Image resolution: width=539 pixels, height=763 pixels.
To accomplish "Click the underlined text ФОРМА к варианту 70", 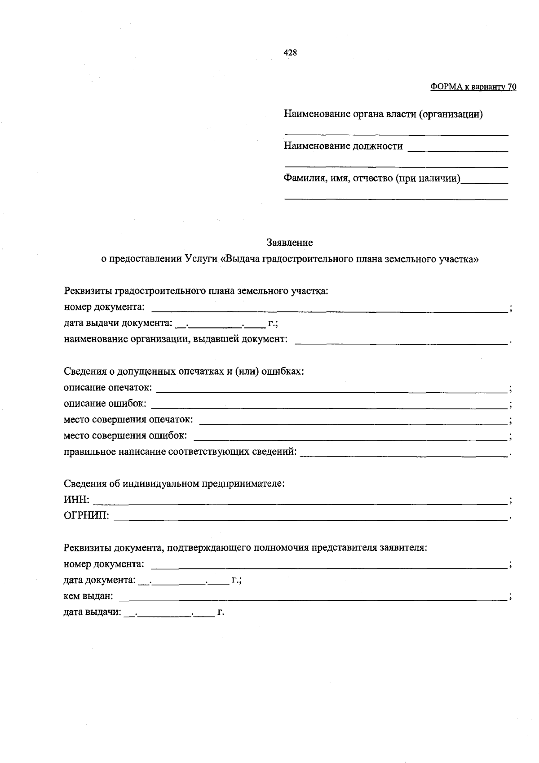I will [473, 87].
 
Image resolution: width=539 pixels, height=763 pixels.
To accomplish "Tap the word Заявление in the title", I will [290, 243].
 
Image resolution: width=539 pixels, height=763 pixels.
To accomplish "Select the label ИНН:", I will [77, 500].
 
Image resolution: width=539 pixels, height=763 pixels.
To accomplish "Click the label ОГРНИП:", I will [86, 516].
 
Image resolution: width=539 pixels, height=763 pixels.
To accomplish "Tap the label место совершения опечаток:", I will [128, 420].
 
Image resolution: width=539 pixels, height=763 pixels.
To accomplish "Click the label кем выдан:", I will [88, 596].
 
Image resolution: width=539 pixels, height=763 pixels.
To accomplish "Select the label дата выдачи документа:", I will [118, 323].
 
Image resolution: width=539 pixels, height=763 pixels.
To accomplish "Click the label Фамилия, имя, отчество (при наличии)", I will [372, 178].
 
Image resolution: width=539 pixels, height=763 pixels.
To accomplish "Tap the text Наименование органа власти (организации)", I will [383, 114].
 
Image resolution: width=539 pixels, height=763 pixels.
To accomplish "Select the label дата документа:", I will [99, 580].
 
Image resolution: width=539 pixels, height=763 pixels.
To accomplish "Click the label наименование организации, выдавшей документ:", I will [176, 339].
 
